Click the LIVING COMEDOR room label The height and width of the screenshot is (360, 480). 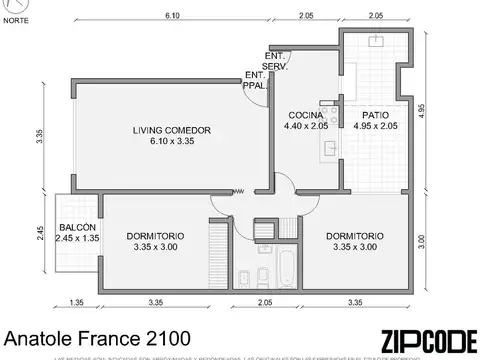coord(171,131)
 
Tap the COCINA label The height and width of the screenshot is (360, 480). coord(304,114)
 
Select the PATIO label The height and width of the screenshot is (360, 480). coord(376,114)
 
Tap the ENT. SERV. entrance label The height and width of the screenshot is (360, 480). coord(276,60)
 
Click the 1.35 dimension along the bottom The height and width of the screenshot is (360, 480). coord(76,301)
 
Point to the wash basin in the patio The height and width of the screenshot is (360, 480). coord(377,43)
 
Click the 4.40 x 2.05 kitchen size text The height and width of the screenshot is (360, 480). coord(305,127)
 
